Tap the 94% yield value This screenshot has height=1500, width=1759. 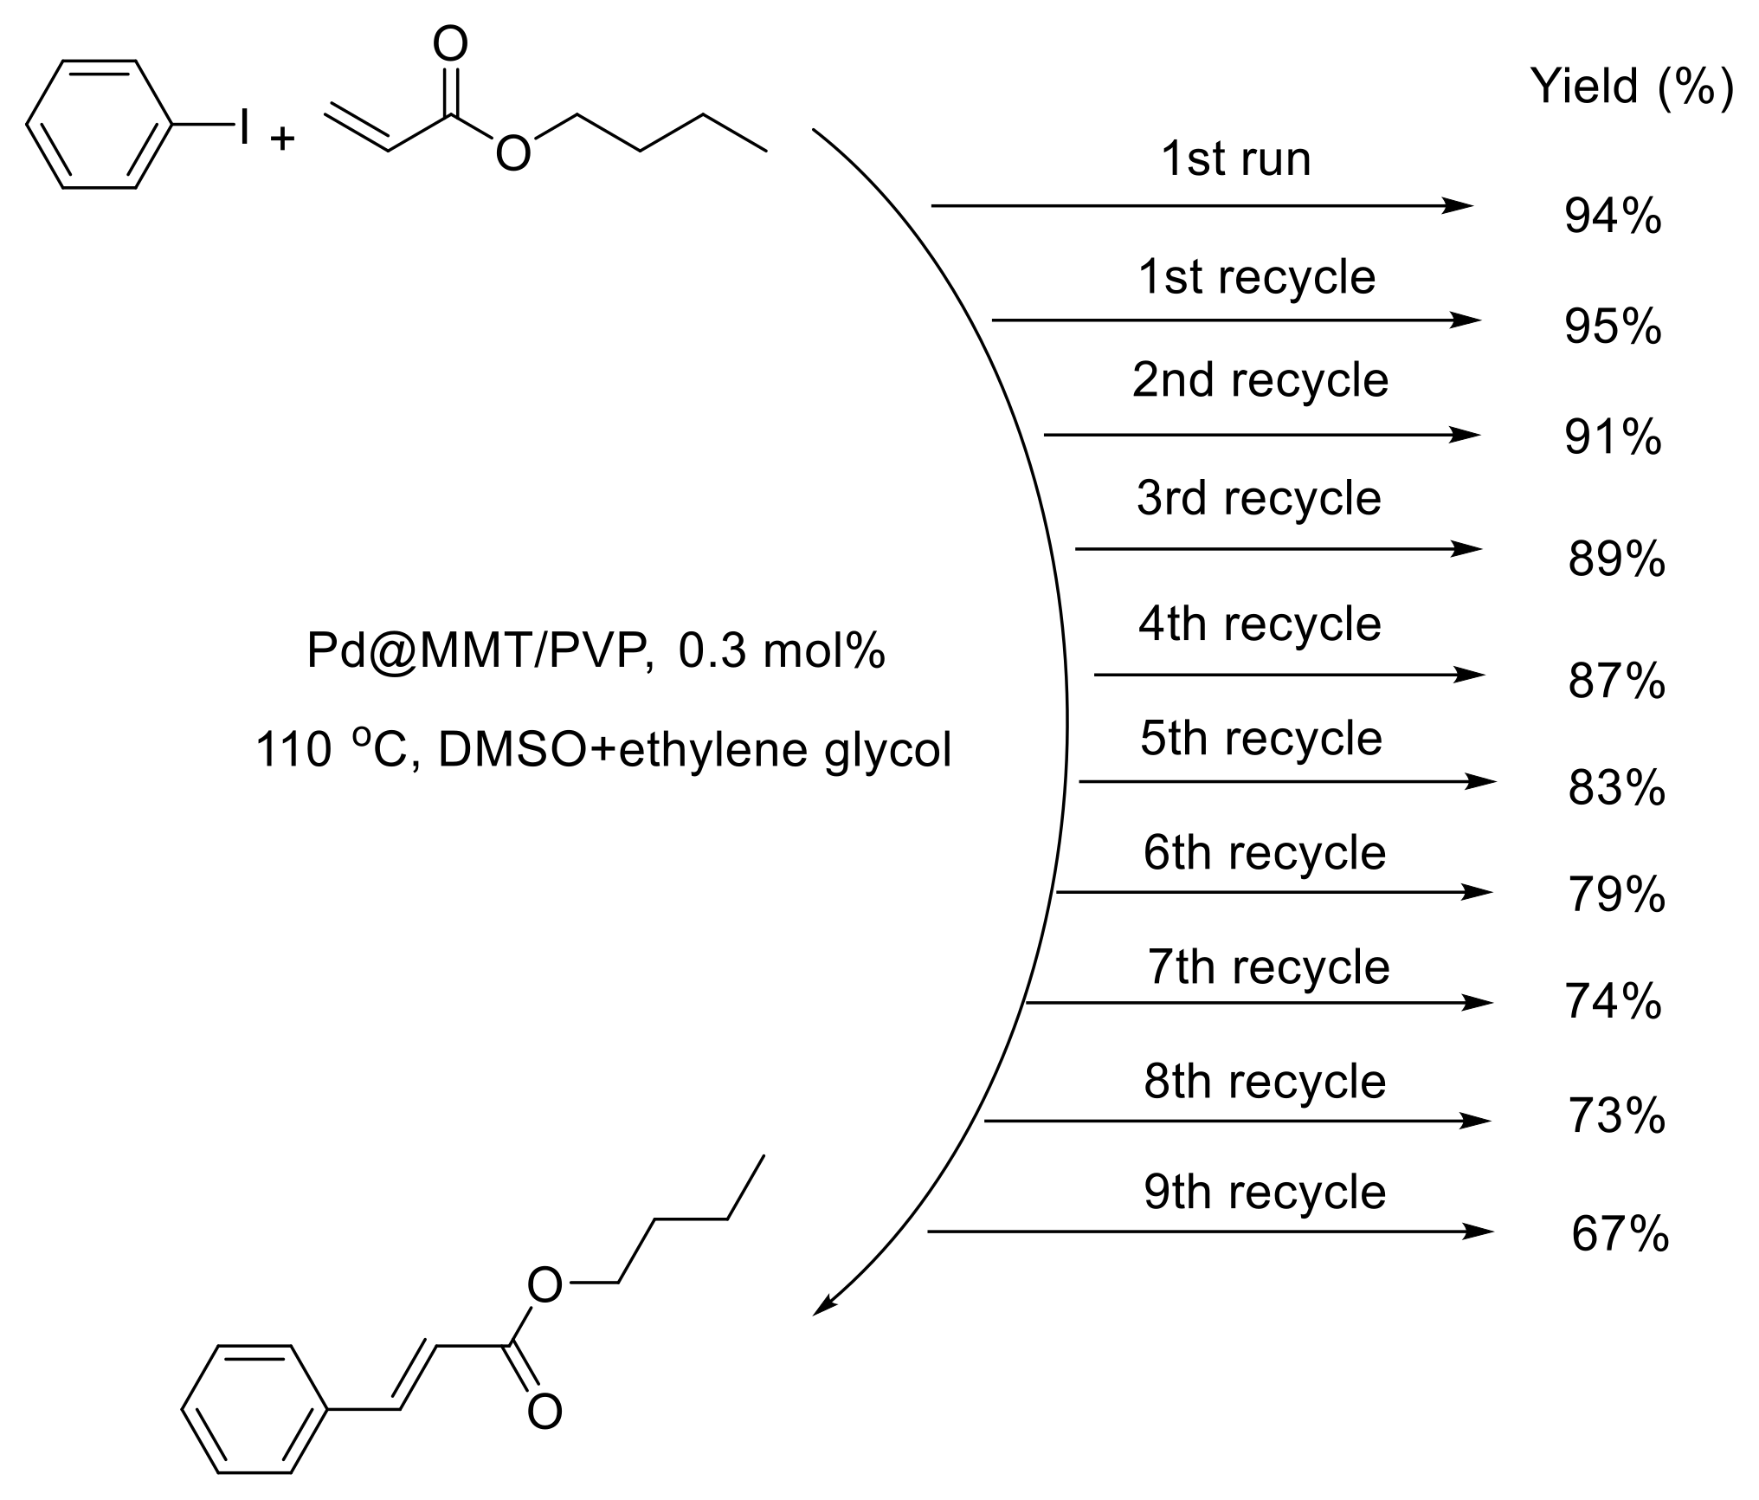click(1613, 217)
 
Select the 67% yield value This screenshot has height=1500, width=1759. click(1620, 1233)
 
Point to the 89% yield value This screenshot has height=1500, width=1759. click(1616, 559)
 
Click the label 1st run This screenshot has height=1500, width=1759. click(1235, 159)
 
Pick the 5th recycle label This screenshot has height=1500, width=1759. click(1260, 739)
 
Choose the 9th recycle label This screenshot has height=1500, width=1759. click(1265, 1193)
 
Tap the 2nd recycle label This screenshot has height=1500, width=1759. click(1260, 380)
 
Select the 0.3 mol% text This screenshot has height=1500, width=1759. click(782, 650)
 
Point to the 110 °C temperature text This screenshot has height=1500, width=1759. click(331, 748)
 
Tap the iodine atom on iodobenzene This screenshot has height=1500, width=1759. click(245, 126)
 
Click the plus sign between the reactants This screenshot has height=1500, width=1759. click(282, 139)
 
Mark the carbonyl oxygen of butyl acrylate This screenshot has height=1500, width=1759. click(450, 43)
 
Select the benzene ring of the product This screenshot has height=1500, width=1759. click(255, 1409)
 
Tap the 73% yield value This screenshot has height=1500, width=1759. click(1616, 1116)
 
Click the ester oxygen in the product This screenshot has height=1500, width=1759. click(544, 1286)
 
